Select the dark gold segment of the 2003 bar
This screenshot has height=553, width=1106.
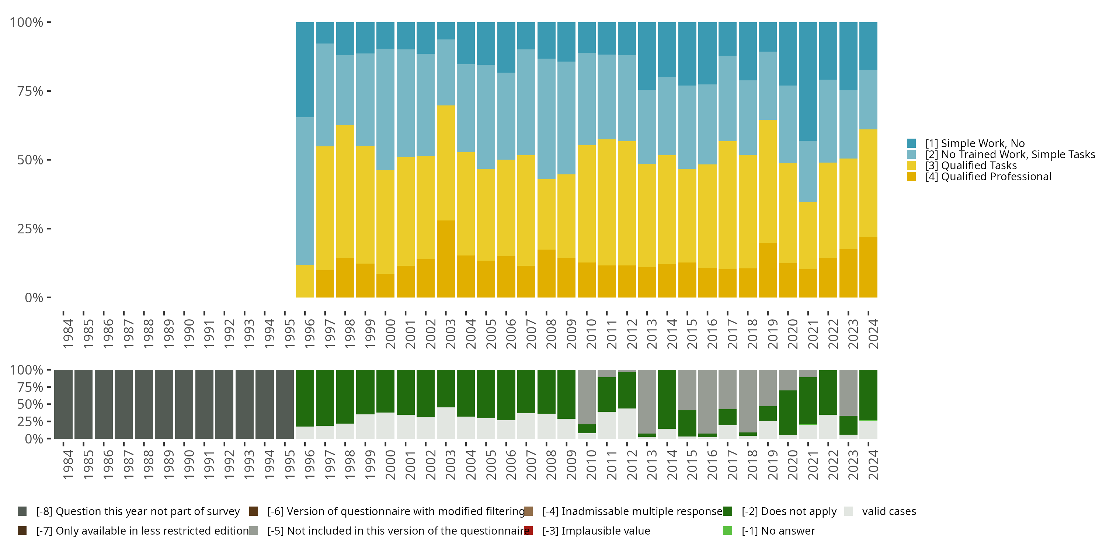tap(446, 259)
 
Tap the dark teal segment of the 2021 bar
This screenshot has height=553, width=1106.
tap(808, 81)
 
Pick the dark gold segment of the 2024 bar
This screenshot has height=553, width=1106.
tap(868, 267)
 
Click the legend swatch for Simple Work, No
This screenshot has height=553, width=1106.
tap(911, 143)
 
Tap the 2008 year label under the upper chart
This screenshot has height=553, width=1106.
tap(551, 334)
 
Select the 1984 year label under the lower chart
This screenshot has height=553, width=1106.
tap(68, 465)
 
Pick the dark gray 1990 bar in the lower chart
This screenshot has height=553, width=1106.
tap(184, 404)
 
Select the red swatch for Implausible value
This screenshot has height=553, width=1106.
tap(529, 531)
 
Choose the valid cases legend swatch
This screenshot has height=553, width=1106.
tap(848, 511)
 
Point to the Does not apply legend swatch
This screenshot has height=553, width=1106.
tap(728, 511)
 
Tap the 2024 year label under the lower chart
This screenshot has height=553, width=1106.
tap(873, 465)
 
